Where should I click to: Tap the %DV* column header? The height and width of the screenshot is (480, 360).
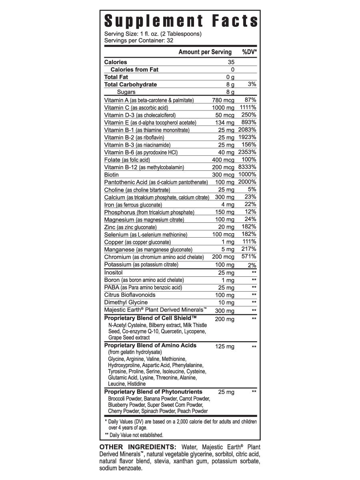point(249,52)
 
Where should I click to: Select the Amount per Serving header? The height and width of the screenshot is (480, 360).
point(205,52)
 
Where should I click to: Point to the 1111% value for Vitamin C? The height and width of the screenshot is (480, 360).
point(248,107)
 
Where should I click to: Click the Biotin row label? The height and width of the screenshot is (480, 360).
point(112,175)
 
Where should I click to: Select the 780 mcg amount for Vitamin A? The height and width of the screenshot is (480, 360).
point(223,100)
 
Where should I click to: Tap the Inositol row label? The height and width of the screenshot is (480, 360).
point(113,272)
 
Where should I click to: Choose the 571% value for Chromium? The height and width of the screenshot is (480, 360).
point(249,256)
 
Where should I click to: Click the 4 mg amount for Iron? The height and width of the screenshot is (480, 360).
point(228,205)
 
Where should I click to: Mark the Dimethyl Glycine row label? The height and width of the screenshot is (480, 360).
point(126,302)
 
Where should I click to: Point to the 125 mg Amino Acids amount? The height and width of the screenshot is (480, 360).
point(225,346)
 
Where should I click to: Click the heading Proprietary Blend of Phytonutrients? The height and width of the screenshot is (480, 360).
point(153,392)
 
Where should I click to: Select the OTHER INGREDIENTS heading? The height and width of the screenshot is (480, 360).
point(138,447)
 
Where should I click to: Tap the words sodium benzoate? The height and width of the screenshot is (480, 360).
point(120,469)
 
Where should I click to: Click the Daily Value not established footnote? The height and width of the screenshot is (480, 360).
point(136,435)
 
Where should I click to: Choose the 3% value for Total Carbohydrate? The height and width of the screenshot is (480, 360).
point(252,84)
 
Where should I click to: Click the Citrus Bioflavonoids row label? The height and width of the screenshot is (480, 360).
point(130,295)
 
